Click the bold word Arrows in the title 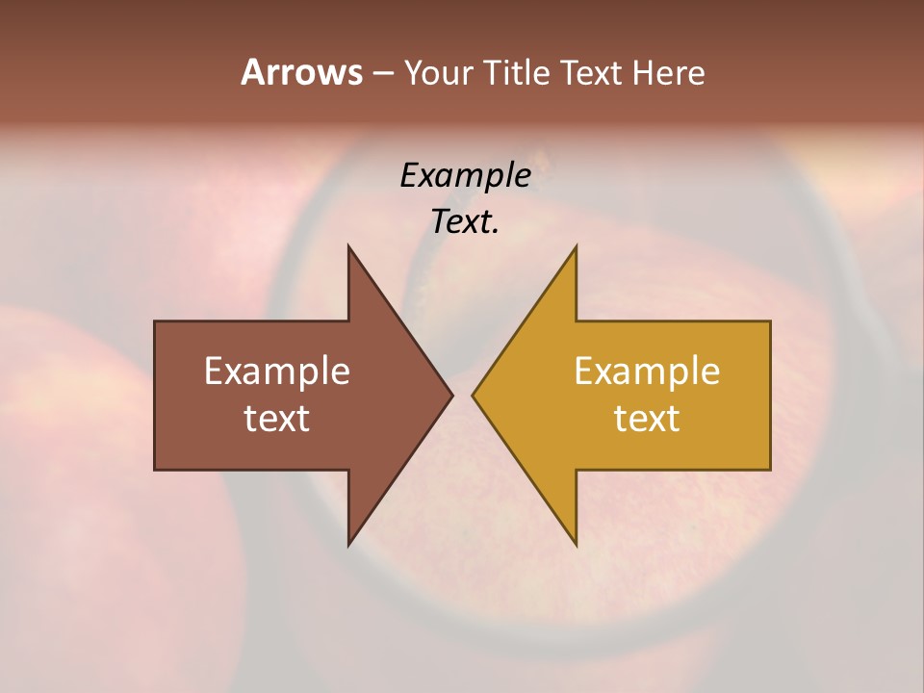(x=301, y=72)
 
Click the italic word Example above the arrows (x=465, y=176)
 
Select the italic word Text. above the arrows (x=465, y=222)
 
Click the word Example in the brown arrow (x=277, y=372)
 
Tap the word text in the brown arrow (x=277, y=419)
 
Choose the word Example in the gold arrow (x=647, y=372)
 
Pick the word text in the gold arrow (x=647, y=419)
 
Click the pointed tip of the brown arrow (x=452, y=395)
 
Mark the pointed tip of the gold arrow (x=473, y=395)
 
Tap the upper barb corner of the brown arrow (x=348, y=246)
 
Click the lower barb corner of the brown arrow (x=348, y=545)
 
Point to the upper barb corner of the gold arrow (x=576, y=246)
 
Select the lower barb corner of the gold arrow (x=576, y=545)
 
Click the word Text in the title (x=590, y=73)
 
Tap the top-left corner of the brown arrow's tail (x=155, y=321)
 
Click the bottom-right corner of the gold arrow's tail (x=770, y=469)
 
